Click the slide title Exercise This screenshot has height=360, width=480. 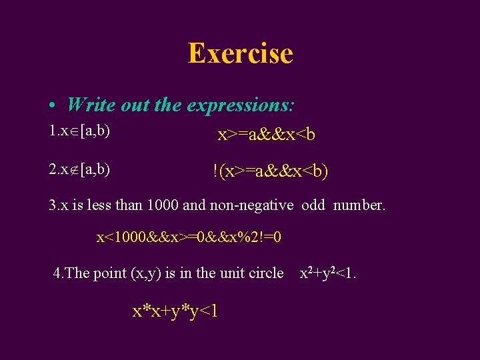click(240, 53)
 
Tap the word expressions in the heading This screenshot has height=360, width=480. click(242, 105)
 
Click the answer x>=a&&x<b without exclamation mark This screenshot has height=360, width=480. click(267, 135)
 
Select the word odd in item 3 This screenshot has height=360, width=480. click(313, 205)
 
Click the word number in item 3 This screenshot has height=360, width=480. click(359, 205)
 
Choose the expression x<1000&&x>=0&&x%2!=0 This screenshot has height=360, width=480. click(189, 237)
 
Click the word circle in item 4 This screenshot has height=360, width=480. click(264, 273)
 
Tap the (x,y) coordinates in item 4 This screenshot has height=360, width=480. click(138, 273)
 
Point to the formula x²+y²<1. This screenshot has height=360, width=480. click(327, 273)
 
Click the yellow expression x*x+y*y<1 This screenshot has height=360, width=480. click(175, 311)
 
